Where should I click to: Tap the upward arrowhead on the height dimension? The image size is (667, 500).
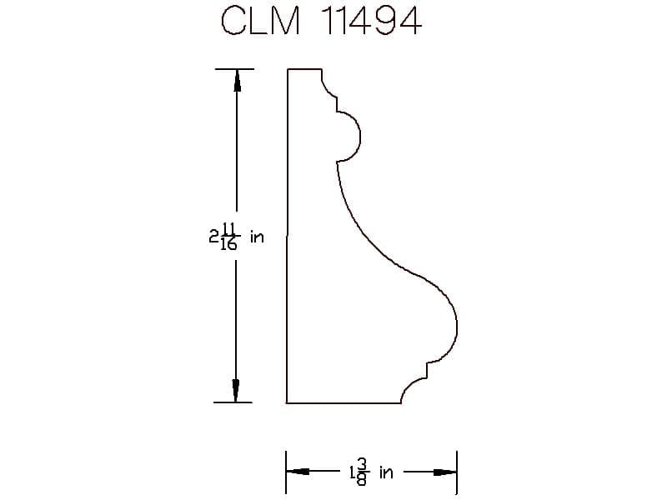(237, 80)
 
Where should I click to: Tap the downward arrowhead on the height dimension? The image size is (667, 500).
(235, 390)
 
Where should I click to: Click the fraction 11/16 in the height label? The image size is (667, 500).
(228, 237)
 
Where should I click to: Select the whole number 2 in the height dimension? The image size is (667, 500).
(213, 236)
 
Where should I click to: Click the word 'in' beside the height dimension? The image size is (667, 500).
(257, 237)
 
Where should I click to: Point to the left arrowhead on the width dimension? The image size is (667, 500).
(298, 472)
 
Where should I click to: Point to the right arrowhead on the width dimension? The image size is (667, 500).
(445, 472)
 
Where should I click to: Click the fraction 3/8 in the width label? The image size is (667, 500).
(363, 472)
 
